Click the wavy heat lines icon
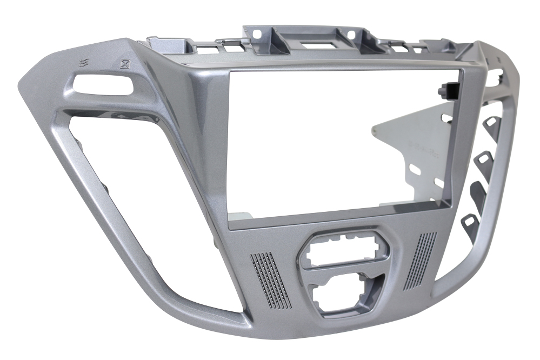(x=82, y=62)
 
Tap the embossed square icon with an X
(x=125, y=64)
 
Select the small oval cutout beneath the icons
(x=103, y=85)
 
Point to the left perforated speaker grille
(x=270, y=278)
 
